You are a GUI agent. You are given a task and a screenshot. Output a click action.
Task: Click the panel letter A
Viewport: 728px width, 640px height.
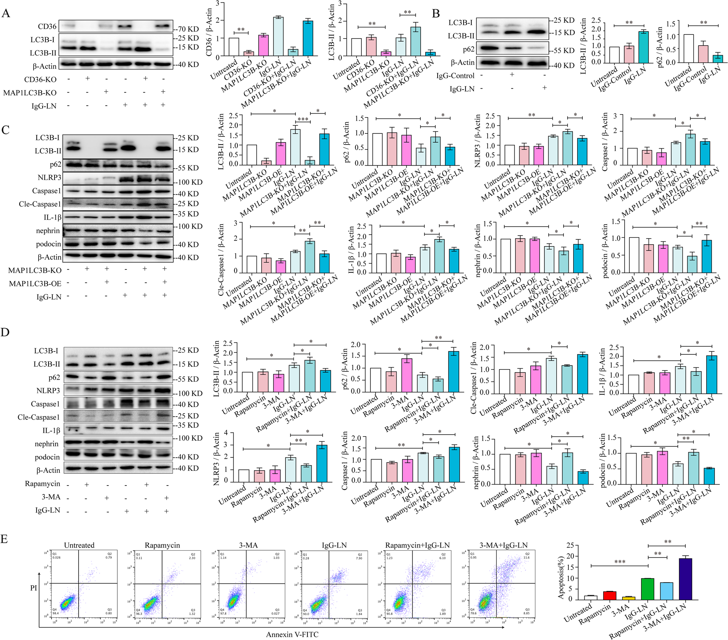[6, 14]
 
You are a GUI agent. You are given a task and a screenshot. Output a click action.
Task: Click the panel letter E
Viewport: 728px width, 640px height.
[4, 538]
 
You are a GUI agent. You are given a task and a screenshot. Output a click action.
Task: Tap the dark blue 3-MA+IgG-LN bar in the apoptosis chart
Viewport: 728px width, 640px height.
[685, 578]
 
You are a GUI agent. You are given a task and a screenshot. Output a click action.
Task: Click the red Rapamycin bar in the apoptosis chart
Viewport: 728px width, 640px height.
[610, 595]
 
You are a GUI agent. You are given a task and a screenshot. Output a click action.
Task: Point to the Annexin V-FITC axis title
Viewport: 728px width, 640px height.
[292, 634]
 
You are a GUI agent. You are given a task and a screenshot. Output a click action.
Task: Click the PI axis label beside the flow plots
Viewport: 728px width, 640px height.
[33, 588]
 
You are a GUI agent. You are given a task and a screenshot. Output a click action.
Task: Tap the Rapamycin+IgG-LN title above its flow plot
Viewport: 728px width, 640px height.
[417, 545]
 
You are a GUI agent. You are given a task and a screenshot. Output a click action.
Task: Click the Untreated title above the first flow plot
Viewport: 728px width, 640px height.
[79, 545]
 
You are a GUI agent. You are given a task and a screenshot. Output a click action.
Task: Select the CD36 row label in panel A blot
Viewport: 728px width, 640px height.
[47, 26]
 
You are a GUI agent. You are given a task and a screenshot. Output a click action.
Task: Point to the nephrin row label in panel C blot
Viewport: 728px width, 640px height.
[48, 231]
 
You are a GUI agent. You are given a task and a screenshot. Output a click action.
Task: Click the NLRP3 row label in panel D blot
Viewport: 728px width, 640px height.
[48, 391]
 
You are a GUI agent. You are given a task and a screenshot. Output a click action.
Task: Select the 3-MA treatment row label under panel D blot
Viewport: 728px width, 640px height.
[51, 497]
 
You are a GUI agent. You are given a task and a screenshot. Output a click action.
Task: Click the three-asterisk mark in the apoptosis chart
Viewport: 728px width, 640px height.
[620, 562]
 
